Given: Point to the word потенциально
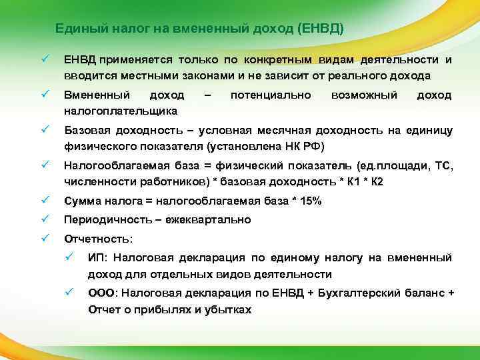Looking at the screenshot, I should (x=270, y=95).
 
